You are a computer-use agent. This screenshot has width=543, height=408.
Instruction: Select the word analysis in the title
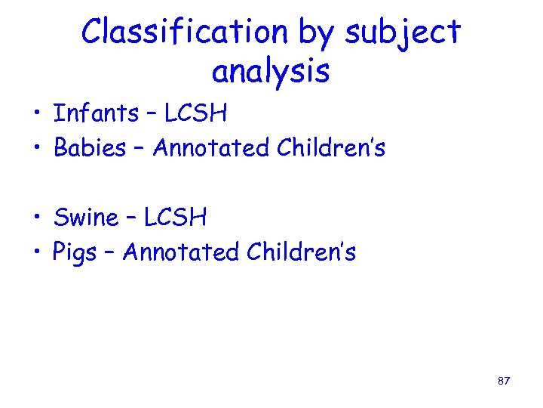pyautogui.click(x=271, y=72)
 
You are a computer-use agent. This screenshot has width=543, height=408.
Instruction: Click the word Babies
pyautogui.click(x=90, y=148)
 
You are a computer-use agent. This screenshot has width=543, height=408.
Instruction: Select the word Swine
pyautogui.click(x=86, y=218)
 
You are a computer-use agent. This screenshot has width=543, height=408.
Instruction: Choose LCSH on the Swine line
pyautogui.click(x=175, y=218)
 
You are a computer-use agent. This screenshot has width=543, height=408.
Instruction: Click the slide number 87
pyautogui.click(x=504, y=381)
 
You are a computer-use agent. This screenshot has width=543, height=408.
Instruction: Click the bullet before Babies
pyautogui.click(x=35, y=150)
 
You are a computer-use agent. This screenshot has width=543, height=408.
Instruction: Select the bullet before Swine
pyautogui.click(x=35, y=220)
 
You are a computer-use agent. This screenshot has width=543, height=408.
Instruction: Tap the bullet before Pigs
pyautogui.click(x=35, y=255)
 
